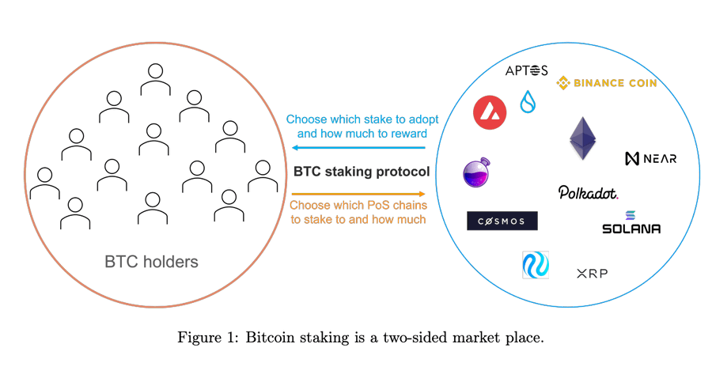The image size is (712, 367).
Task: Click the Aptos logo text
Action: tap(526, 71)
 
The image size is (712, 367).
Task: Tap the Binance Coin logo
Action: tap(607, 82)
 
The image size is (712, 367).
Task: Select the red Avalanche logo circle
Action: tap(490, 112)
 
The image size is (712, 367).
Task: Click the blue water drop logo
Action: tap(528, 102)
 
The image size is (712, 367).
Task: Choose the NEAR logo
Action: tap(650, 158)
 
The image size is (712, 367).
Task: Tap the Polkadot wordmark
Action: tap(588, 192)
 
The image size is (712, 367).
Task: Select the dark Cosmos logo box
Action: tap(502, 221)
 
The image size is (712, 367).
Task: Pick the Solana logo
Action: tap(631, 223)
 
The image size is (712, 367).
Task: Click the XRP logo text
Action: tap(592, 274)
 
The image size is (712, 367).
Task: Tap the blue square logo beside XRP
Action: tap(536, 265)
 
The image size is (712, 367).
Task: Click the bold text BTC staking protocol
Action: tap(362, 171)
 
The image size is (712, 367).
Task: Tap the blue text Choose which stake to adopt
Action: tap(362, 119)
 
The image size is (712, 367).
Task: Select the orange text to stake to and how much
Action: tap(358, 219)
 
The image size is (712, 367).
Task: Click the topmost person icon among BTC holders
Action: tap(155, 78)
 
